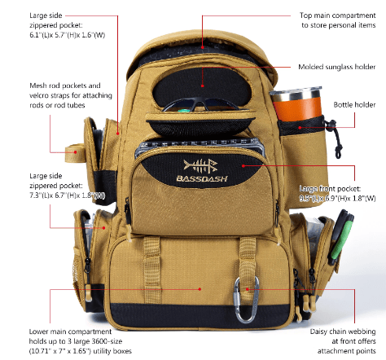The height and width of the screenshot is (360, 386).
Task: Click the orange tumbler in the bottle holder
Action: point(296,103)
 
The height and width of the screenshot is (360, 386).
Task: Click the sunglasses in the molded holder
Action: point(200,104)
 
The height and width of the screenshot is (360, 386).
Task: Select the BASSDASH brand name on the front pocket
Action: point(202,178)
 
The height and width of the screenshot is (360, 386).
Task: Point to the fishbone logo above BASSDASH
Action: point(200,166)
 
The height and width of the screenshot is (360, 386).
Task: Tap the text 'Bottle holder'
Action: point(354,105)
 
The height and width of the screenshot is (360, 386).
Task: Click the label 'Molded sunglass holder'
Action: point(337,67)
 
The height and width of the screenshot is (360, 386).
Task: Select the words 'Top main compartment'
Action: point(337,15)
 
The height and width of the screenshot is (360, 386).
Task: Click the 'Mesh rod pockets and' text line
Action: point(65,86)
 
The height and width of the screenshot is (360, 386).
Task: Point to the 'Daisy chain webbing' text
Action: point(343,331)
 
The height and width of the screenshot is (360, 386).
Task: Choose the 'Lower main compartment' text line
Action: point(70,331)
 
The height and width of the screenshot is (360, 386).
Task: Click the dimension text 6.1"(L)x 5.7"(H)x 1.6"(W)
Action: point(67,35)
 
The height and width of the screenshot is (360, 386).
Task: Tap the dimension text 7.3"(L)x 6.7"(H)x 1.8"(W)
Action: point(67,195)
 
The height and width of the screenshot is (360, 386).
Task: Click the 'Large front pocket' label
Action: point(330,188)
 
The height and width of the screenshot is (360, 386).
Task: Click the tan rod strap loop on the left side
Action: point(75,153)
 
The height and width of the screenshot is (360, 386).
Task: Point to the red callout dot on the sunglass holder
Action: point(202,86)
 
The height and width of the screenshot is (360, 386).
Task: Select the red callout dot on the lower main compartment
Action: point(200,289)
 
